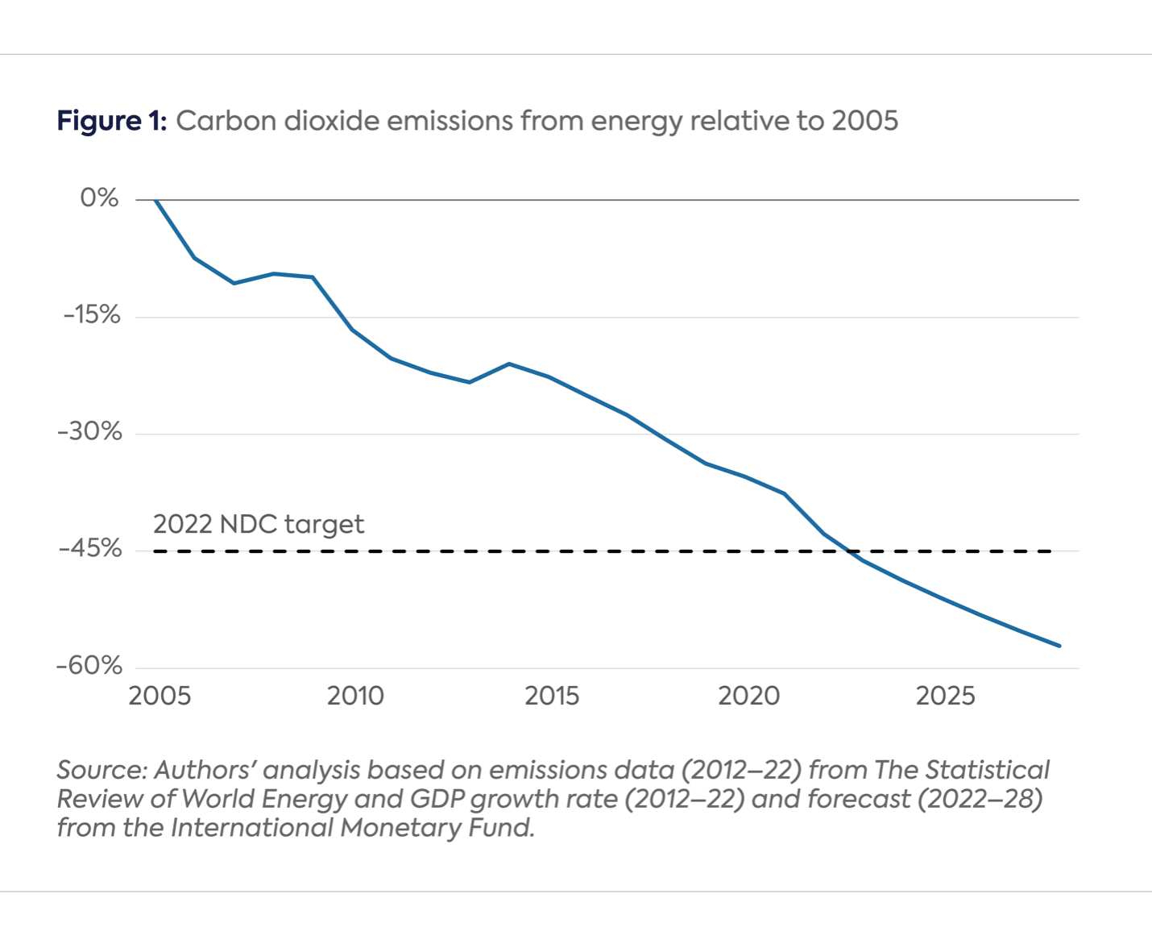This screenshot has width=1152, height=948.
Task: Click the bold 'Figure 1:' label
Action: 111,121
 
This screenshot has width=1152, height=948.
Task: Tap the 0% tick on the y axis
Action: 99,198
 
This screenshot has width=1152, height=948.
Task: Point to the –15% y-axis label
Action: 92,315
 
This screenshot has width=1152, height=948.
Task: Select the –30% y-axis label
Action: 89,432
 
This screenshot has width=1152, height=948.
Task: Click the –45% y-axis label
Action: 89,549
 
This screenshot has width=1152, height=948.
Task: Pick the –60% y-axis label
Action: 89,666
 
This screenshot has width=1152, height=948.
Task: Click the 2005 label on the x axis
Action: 160,696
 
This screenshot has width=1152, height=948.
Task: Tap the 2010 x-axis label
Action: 355,696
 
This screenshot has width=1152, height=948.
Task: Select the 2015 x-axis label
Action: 552,696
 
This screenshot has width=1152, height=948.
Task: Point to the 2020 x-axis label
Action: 749,696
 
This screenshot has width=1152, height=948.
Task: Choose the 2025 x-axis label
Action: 946,696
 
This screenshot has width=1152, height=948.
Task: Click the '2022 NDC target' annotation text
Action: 259,525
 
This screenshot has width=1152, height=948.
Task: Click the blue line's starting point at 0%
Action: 155,199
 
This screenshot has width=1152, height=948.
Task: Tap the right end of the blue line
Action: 1059,646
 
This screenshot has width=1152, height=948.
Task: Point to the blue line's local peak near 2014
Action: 509,364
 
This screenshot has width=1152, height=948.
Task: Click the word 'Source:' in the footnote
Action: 102,771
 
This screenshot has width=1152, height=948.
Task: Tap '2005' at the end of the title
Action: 864,121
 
